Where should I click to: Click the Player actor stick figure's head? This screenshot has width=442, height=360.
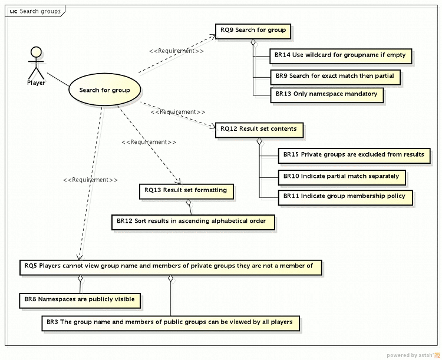(x=36, y=52)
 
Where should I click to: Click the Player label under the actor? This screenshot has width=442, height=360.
(x=36, y=83)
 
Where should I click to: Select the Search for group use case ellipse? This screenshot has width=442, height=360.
(x=104, y=90)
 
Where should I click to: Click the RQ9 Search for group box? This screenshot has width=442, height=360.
(x=253, y=31)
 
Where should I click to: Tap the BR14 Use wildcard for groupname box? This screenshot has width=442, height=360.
(x=340, y=55)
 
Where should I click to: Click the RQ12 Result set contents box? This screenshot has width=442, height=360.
(x=258, y=129)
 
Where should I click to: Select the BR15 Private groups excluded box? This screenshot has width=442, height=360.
(x=354, y=155)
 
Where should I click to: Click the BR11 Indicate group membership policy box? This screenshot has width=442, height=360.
(x=344, y=196)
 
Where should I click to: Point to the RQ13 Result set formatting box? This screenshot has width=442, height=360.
(x=186, y=191)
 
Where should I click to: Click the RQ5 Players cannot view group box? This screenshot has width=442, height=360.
(x=170, y=266)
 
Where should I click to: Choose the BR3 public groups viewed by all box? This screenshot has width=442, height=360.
(x=170, y=322)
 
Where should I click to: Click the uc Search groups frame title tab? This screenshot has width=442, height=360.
(x=35, y=11)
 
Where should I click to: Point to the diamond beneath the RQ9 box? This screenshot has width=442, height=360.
(x=253, y=42)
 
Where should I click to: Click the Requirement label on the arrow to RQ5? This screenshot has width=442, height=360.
(x=90, y=180)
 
